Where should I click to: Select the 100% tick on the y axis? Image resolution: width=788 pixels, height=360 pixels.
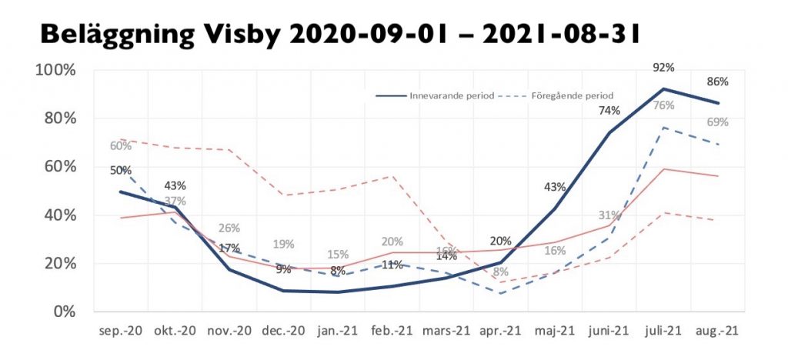pos(55,70)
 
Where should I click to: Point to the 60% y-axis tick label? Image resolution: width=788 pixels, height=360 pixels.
pos(58,166)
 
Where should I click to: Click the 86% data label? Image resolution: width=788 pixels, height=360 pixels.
pos(717,82)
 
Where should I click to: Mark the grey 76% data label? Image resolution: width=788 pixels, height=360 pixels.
pos(663,105)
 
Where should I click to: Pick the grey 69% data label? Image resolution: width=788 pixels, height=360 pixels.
pos(717,122)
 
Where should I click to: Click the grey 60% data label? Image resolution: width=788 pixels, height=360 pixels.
pos(120,146)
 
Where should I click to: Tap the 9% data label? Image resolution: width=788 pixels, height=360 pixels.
pos(284,269)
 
